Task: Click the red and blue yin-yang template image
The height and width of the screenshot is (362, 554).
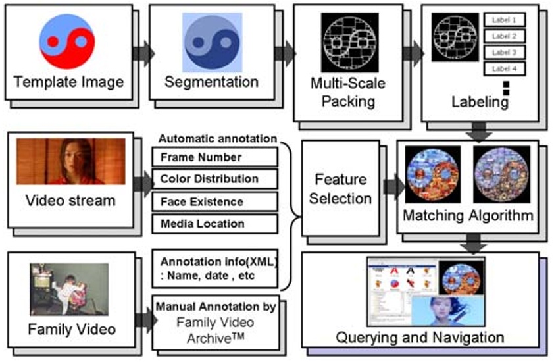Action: (68, 41)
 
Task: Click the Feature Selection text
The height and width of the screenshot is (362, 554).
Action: (340, 188)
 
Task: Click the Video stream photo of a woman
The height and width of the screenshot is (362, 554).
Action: (70, 161)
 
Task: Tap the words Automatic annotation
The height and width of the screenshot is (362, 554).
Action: (217, 139)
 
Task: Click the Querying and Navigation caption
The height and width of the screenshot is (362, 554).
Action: (420, 338)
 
